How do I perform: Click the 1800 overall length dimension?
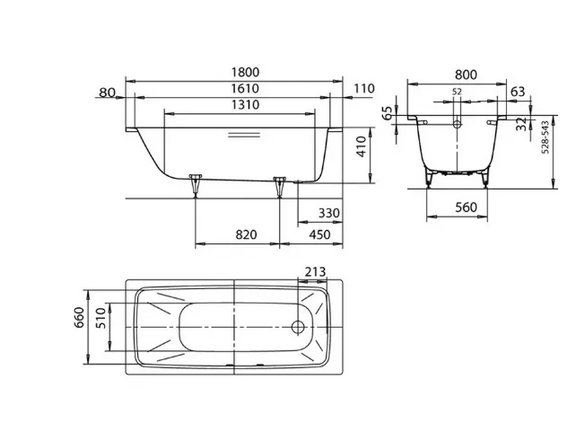(x=245, y=72)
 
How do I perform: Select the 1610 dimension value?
(x=245, y=89)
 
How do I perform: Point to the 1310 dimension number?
(x=245, y=104)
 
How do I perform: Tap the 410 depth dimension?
(x=362, y=146)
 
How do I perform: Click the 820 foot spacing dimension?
(x=246, y=234)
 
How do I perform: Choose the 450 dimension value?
(x=319, y=234)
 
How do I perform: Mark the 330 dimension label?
(x=329, y=213)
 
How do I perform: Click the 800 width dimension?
(x=466, y=75)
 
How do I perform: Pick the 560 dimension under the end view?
(x=466, y=207)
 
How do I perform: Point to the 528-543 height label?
(x=546, y=137)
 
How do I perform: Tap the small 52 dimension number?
(x=457, y=92)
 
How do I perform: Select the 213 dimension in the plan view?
(x=315, y=271)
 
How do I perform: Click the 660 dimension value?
(x=80, y=317)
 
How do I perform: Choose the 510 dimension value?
(x=101, y=318)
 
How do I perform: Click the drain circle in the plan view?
(x=298, y=327)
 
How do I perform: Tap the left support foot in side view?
(x=195, y=185)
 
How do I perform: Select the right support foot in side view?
(x=279, y=187)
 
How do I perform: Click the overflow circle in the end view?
(x=457, y=124)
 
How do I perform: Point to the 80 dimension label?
(x=108, y=93)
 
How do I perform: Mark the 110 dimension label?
(x=363, y=89)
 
